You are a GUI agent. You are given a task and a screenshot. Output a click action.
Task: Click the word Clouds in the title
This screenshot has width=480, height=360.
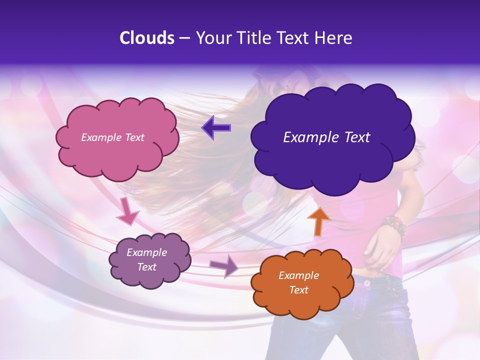[x=147, y=38]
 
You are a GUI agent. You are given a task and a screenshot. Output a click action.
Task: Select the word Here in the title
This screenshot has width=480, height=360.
[x=334, y=38]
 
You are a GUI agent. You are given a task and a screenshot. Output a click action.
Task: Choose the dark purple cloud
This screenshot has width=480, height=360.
[x=332, y=137]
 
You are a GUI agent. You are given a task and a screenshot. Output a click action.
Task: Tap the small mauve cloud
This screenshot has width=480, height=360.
[x=150, y=260]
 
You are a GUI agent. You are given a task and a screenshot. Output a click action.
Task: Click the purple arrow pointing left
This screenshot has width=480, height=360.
[x=216, y=128]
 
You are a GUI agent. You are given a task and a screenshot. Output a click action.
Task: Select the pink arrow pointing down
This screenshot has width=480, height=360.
[x=127, y=210]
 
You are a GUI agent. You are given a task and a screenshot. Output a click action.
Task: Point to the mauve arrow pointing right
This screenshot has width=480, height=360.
[x=224, y=265]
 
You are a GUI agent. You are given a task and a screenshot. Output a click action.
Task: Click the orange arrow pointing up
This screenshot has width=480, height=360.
[x=318, y=221]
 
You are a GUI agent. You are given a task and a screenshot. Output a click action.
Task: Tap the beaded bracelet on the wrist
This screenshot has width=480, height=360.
[x=393, y=225]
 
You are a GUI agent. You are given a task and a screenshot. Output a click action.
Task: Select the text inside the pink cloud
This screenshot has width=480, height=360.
[x=112, y=137]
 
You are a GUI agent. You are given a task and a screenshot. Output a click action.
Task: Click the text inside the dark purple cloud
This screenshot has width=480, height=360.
[x=326, y=137]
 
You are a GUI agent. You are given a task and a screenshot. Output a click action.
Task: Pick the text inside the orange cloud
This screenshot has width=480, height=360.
[x=298, y=282]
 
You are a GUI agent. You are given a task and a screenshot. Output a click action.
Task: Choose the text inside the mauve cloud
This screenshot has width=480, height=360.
[x=147, y=260]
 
